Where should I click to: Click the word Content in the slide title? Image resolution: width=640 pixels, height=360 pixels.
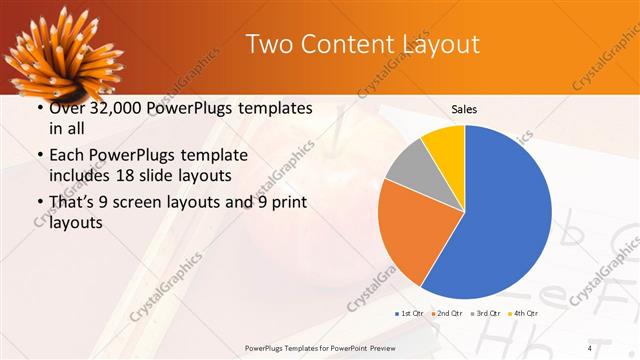pyautogui.click(x=344, y=45)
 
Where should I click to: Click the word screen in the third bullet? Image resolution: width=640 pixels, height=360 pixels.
pyautogui.click(x=148, y=203)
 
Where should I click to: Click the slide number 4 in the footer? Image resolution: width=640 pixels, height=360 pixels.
pyautogui.click(x=590, y=347)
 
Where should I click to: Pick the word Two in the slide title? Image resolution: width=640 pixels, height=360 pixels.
pyautogui.click(x=268, y=45)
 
